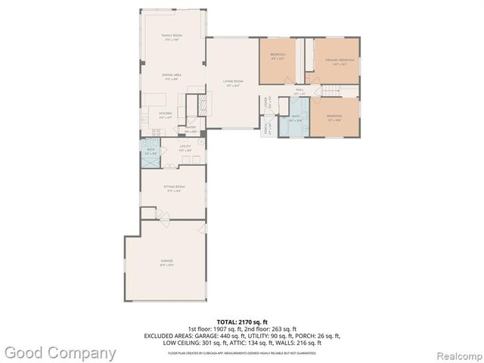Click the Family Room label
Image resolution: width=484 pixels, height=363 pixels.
172,37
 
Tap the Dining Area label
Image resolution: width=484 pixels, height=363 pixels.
172,76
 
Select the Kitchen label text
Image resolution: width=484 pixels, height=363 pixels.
165,116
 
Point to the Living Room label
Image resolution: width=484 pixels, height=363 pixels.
232,82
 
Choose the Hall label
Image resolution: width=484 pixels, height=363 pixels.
299,92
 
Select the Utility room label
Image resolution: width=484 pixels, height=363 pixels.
185,149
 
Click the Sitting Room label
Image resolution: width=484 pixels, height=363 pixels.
175,188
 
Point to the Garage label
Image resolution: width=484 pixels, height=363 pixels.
166,262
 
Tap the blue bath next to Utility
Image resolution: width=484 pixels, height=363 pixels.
150,151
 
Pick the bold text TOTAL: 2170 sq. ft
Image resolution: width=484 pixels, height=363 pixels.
241,323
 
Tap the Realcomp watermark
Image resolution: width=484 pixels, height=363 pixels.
456,353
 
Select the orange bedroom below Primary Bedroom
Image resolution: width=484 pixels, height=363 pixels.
335,118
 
